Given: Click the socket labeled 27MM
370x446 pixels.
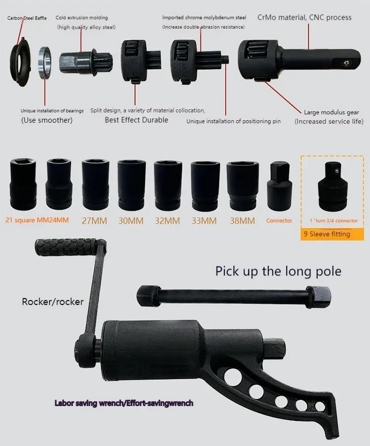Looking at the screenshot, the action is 95,184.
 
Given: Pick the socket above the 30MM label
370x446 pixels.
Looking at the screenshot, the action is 132,185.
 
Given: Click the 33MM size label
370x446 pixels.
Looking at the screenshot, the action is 204,221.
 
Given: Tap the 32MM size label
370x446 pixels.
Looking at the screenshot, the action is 167,221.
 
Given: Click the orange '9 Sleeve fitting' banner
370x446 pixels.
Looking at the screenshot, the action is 332,234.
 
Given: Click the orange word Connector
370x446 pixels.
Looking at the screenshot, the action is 279,220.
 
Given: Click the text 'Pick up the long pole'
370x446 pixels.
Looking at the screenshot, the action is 278,271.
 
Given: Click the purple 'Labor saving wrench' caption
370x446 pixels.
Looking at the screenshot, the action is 124,403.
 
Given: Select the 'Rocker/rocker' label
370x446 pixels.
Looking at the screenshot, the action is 53,302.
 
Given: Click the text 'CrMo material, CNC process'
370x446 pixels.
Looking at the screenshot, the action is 304,18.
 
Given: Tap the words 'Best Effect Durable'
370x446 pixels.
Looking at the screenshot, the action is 137,120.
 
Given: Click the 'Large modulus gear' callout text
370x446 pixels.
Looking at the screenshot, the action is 332,112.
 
